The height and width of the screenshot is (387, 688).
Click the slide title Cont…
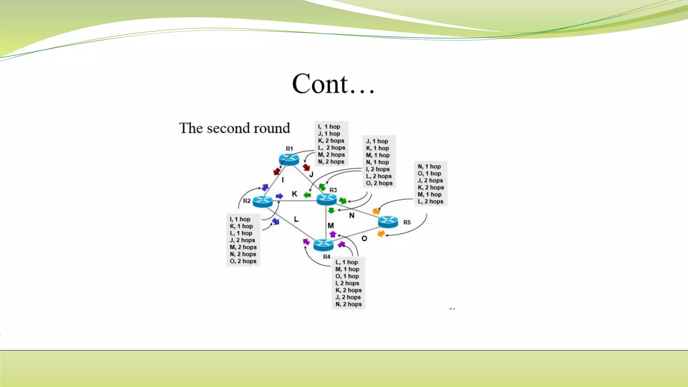[333, 84]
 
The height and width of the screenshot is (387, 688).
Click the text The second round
[234, 128]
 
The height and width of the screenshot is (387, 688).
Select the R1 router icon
[289, 159]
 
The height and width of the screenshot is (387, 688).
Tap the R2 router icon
[262, 201]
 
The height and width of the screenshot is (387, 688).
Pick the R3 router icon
[327, 199]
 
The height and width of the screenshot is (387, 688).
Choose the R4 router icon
[323, 245]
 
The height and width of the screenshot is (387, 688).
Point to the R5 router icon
[388, 222]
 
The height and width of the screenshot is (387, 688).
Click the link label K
[294, 194]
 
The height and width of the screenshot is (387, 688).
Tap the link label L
[296, 219]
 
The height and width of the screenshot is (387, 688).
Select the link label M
[331, 225]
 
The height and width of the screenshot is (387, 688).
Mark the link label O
[364, 239]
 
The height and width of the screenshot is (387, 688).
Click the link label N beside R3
[352, 215]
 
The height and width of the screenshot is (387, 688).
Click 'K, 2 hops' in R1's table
[331, 141]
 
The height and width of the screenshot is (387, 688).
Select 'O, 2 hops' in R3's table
[379, 183]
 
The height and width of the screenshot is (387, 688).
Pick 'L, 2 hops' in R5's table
[430, 202]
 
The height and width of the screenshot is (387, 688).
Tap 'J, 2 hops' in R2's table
[242, 240]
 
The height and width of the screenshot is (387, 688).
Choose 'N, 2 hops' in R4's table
[348, 304]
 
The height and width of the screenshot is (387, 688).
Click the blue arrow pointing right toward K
[279, 196]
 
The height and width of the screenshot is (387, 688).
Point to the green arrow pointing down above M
[331, 211]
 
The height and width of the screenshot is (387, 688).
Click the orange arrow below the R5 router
[381, 233]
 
